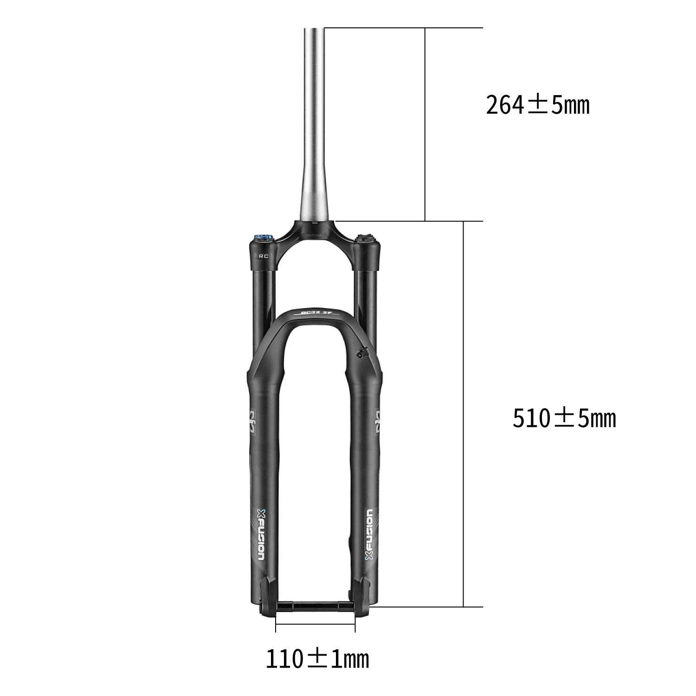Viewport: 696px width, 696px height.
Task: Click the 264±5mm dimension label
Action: coord(537,105)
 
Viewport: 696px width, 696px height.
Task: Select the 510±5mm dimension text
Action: coord(564,419)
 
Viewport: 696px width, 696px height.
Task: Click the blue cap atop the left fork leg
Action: coord(263,239)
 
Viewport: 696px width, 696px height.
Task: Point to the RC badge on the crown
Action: coord(263,255)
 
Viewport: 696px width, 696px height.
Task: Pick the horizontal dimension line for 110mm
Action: coord(316,625)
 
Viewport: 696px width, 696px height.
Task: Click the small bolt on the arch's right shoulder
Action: coord(360,354)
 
